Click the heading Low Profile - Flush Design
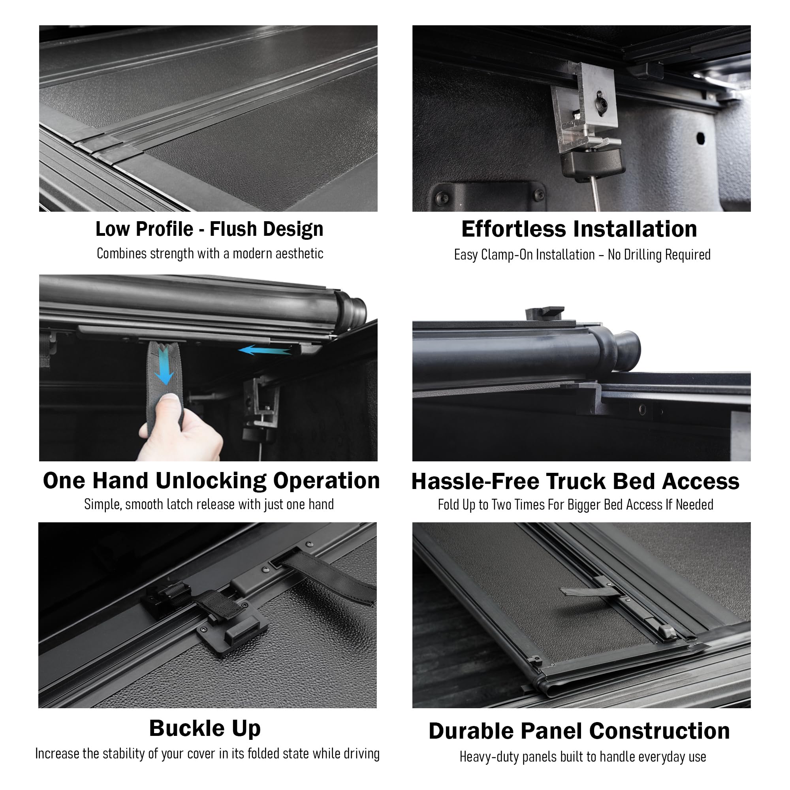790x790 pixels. tap(209, 229)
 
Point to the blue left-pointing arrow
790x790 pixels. tap(265, 350)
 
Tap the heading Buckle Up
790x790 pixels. tap(205, 728)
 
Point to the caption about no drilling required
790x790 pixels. tap(582, 255)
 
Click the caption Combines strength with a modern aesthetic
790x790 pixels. tap(210, 254)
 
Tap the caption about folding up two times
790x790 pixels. tap(576, 504)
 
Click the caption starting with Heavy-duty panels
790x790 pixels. tap(583, 757)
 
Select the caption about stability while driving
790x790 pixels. tap(207, 754)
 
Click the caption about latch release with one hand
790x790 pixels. tap(209, 504)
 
